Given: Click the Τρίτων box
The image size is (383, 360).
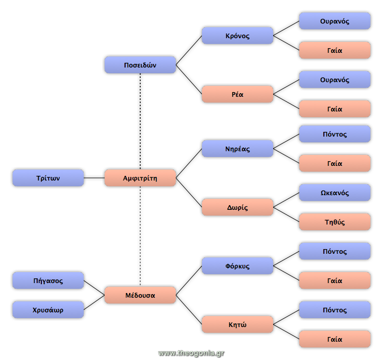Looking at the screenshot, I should point(48,178).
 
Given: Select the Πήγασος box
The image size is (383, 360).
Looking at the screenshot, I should point(48,280).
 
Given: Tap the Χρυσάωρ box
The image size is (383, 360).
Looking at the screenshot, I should point(48,310).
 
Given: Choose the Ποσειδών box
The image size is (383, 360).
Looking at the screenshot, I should point(140,65).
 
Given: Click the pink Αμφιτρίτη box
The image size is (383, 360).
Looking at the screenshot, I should point(140,178).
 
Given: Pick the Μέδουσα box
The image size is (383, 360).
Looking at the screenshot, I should point(140,295).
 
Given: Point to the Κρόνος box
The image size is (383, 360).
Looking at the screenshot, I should point(238,36).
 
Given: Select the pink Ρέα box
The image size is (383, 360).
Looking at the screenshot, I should point(238,94).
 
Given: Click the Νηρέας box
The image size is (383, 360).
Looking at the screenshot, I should point(238,149).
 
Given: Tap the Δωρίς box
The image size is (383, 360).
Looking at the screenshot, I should point(238,207).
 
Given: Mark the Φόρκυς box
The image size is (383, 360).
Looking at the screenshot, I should point(238,266).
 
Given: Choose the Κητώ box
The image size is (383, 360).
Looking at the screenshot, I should point(238,324).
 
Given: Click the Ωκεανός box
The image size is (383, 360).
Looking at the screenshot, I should point(335,193).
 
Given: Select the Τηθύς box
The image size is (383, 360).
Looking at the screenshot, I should point(335,222).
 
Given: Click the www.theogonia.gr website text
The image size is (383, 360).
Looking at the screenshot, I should point(191,353).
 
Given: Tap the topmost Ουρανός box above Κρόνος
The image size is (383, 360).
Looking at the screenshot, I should point(335,21).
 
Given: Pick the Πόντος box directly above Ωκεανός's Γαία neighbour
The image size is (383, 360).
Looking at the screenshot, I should point(335,134).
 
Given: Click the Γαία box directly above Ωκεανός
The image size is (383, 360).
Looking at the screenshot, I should point(335,163).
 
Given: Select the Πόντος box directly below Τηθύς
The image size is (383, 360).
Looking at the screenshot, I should point(335,251).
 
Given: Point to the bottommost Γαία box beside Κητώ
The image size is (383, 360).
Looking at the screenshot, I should point(335,339).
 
